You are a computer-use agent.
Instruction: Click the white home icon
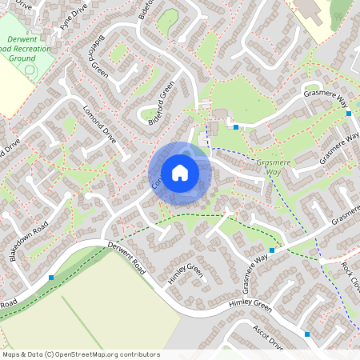(x=180, y=173)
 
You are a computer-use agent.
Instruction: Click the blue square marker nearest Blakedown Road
(x=51, y=278)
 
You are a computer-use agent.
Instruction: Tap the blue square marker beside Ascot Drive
(x=307, y=334)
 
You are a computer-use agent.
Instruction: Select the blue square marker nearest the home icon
(x=236, y=126)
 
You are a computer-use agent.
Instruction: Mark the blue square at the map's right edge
(x=349, y=114)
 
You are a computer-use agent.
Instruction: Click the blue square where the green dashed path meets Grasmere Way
(x=272, y=250)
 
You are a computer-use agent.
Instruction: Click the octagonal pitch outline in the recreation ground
(x=30, y=70)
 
